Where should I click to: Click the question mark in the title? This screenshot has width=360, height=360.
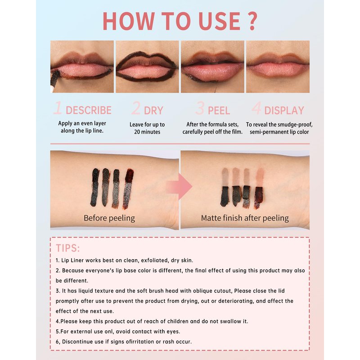click(x=252, y=21)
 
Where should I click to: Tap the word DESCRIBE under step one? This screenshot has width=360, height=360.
click(x=89, y=110)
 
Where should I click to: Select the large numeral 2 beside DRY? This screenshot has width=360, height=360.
click(x=136, y=108)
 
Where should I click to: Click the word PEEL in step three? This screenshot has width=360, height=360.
click(x=219, y=110)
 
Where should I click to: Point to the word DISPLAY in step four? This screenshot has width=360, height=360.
click(x=284, y=110)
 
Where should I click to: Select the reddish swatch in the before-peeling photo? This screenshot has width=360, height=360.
click(x=128, y=189)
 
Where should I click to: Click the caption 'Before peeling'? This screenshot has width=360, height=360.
click(x=109, y=218)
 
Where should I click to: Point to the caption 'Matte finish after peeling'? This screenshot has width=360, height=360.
click(x=245, y=218)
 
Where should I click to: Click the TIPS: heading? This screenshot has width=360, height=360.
click(x=68, y=248)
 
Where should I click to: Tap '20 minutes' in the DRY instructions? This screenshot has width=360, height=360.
click(x=147, y=132)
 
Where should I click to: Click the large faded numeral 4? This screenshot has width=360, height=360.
click(x=256, y=108)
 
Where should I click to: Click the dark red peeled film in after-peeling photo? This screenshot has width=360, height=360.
click(x=258, y=197)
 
